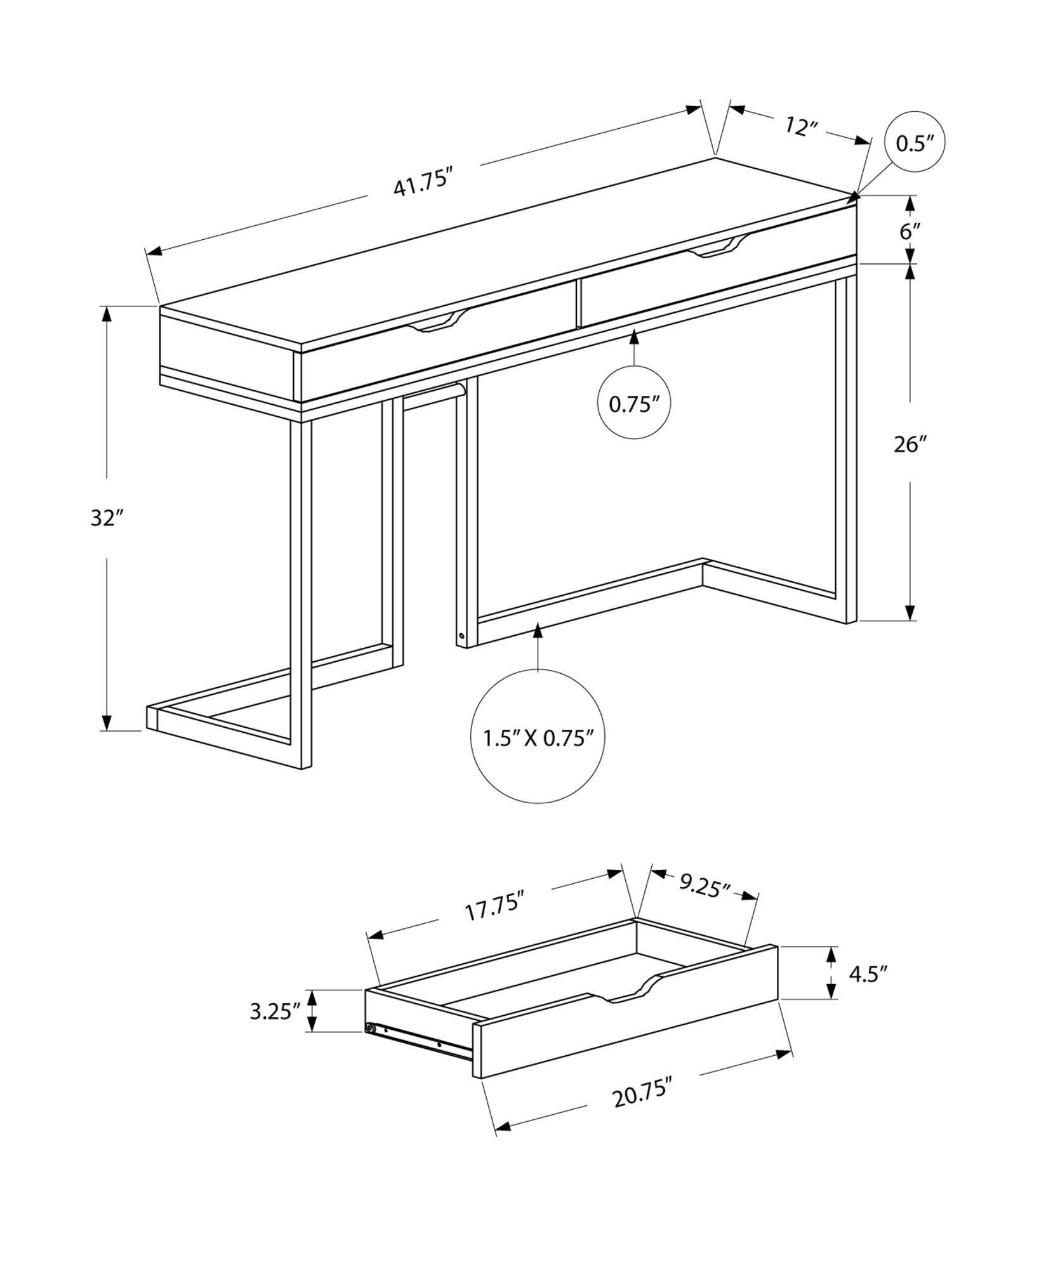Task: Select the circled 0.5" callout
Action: point(915,143)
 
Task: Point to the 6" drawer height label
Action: point(910,231)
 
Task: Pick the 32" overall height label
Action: point(106,518)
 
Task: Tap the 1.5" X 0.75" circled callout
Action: point(538,738)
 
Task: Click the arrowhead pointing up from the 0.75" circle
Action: point(633,337)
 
